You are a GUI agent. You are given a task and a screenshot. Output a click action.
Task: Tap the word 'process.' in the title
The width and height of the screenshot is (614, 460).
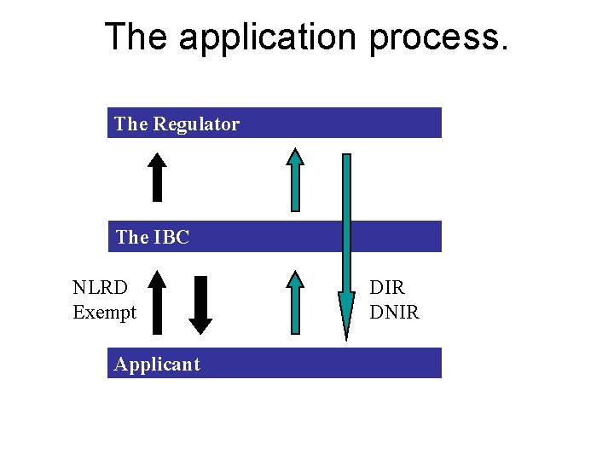point(438,37)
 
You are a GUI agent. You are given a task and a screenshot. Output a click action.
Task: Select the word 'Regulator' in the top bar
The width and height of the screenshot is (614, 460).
point(196,124)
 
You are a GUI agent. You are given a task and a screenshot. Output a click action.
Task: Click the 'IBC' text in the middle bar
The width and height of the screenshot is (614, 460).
point(172,238)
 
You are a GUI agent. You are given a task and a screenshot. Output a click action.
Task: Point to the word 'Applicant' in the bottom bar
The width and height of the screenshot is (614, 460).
point(157,365)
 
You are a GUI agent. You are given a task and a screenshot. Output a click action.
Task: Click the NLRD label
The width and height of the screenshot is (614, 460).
point(100,289)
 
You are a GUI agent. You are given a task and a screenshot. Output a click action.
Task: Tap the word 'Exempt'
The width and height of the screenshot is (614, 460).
point(104,313)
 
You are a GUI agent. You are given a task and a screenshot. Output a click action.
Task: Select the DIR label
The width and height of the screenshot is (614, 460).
point(387,289)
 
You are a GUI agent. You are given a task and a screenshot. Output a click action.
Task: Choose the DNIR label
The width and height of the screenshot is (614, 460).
point(394,313)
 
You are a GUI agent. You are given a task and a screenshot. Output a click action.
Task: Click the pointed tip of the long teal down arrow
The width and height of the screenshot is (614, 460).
point(346,336)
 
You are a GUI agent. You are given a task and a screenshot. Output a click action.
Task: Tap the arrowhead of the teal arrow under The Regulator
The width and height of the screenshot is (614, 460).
point(294,156)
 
